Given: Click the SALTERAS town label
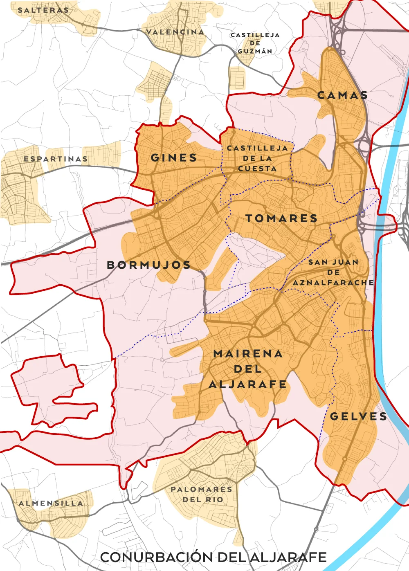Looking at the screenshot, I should point(43,10).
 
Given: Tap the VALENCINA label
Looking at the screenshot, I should point(175,32).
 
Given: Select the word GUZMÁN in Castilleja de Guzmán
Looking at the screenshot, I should point(255,51).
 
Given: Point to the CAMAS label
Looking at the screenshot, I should point(343,95).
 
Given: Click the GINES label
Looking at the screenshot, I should point(174,157).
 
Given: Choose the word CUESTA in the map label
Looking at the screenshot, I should point(257,169).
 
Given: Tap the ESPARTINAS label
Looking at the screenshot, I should point(56,159).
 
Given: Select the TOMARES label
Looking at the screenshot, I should point(281,218).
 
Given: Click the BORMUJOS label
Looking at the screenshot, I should point(149,265).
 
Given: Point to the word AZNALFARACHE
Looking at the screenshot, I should point(333,283).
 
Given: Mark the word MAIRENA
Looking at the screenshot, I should point(248,354).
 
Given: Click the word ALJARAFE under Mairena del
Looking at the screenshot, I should point(248,384).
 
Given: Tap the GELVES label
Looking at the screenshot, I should point(358,416).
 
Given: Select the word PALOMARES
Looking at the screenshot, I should point(201,489).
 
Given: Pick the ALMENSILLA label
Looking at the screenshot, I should point(51,503).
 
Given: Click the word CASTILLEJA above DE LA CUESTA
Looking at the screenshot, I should point(257,148).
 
